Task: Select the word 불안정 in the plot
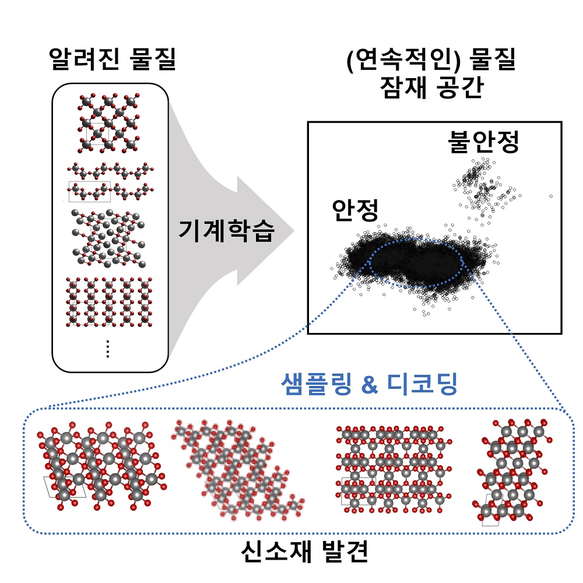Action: [x=483, y=142]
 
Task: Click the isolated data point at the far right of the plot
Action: [x=551, y=196]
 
